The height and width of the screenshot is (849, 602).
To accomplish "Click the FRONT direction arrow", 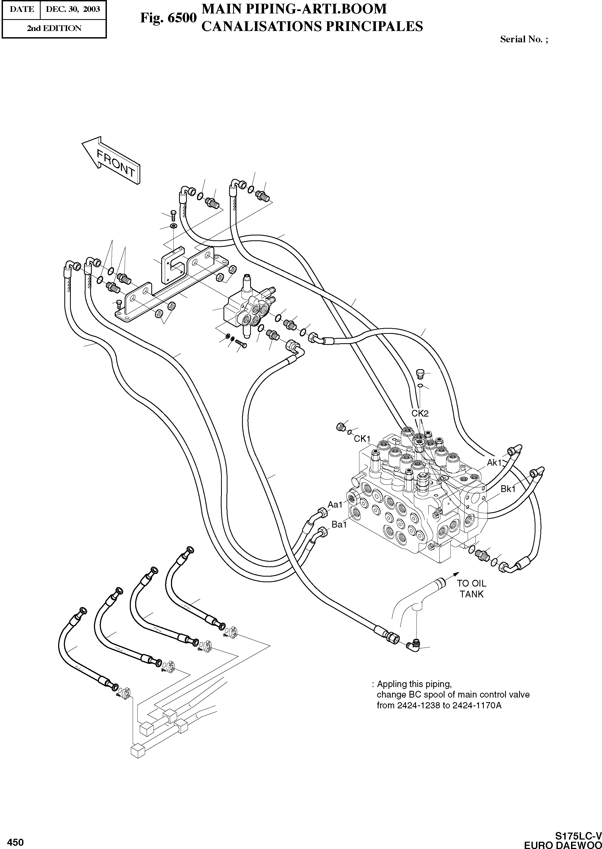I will [111, 161].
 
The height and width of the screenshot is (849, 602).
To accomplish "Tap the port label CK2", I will [420, 414].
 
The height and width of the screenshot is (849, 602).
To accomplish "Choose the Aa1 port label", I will [335, 504].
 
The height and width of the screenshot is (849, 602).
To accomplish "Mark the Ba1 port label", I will [339, 524].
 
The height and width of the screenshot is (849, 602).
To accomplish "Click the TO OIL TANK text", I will [471, 589].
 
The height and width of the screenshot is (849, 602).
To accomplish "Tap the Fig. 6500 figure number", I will [167, 18].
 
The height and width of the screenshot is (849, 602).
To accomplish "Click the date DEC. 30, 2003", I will [73, 9].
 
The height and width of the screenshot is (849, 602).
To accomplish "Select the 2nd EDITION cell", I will [54, 29].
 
